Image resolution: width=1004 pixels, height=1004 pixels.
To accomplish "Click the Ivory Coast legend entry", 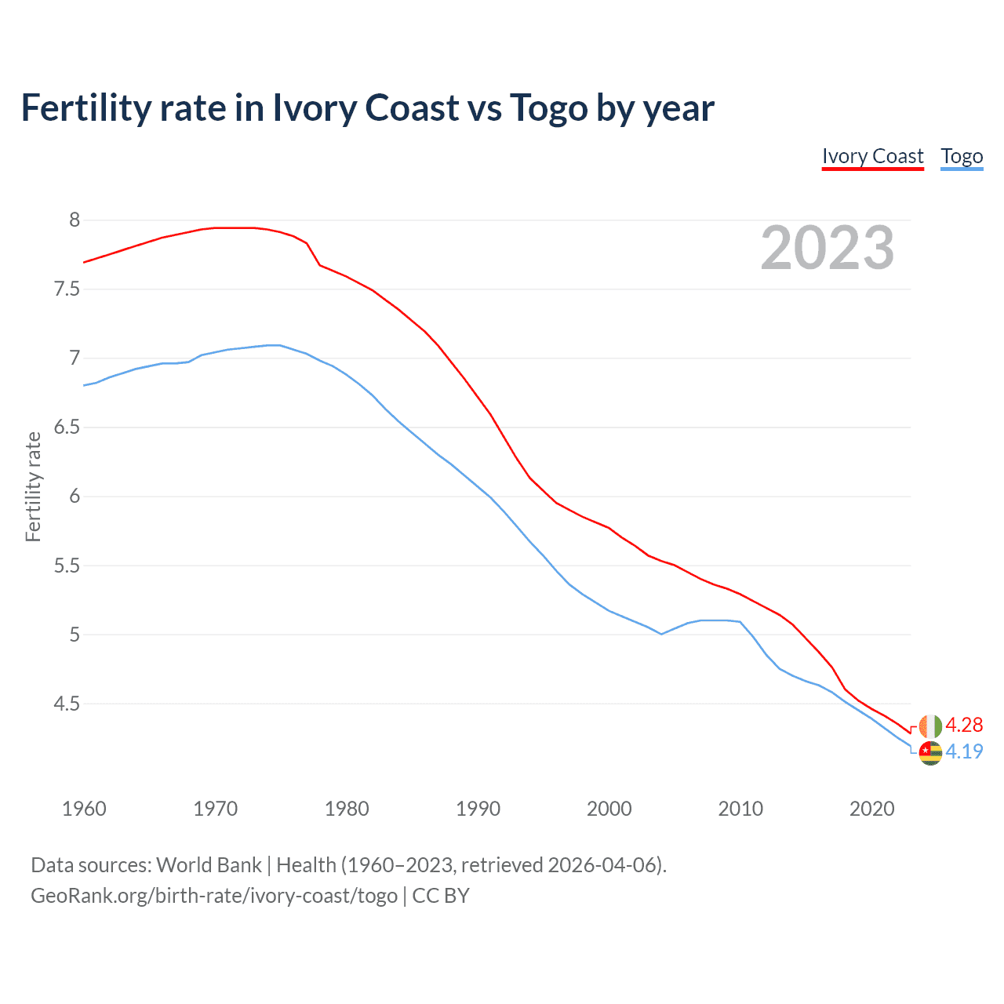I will click(x=872, y=156).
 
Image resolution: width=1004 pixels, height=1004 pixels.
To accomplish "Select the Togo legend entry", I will click(x=962, y=156).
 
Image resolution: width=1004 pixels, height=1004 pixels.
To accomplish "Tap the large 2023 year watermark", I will click(x=828, y=248).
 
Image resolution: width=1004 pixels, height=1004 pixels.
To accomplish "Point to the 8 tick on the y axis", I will click(x=75, y=220).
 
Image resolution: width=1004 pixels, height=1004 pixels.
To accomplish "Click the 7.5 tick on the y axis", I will click(x=67, y=289).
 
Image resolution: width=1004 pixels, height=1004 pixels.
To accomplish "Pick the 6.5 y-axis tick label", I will click(x=67, y=427).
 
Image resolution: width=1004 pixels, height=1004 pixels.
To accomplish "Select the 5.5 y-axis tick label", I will click(x=67, y=566).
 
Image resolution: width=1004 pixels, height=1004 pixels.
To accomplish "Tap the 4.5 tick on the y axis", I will click(x=67, y=704).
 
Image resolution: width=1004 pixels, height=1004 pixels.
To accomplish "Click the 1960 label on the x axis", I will click(x=84, y=809).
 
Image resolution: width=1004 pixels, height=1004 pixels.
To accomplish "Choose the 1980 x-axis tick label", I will click(x=347, y=809).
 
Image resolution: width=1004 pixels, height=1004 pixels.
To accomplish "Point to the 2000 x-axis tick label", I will click(x=609, y=809).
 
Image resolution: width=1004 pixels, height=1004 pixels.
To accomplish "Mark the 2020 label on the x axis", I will click(x=871, y=809).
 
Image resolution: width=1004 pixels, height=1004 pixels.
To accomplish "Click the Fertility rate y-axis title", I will click(x=33, y=486).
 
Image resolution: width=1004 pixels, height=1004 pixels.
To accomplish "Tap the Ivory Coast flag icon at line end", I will click(x=930, y=726).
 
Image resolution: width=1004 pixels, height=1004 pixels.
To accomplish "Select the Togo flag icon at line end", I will click(x=930, y=752).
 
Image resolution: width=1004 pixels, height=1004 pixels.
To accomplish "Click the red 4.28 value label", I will click(x=964, y=725).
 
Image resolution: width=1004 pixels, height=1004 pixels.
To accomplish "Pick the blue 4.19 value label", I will click(x=964, y=751).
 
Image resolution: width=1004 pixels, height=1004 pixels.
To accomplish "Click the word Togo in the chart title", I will click(x=549, y=108).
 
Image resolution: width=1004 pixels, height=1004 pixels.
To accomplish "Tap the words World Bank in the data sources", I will click(x=209, y=865).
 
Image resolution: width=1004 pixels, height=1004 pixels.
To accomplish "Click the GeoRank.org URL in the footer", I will click(x=213, y=896).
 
